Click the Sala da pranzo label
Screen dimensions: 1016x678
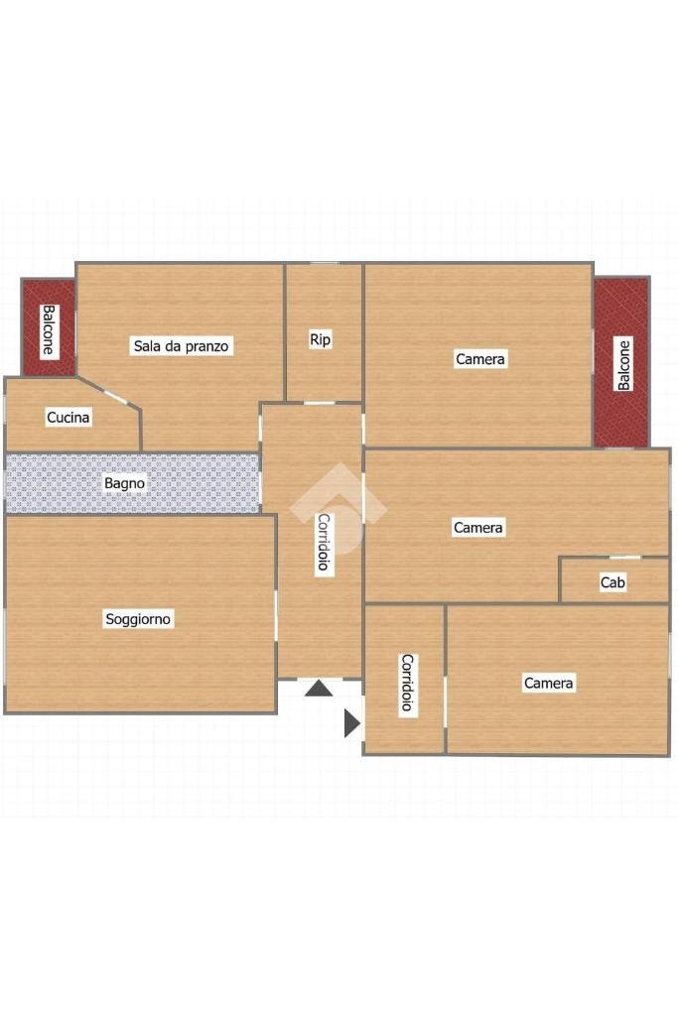click(182, 346)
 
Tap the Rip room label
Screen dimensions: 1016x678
click(320, 339)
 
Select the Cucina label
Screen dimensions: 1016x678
click(68, 418)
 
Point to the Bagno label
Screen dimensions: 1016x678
click(125, 484)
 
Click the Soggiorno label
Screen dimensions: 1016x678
click(138, 619)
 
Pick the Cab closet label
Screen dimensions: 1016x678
click(612, 582)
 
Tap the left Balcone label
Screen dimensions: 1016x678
click(48, 330)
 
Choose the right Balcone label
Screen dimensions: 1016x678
click(623, 365)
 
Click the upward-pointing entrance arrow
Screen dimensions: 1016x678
click(318, 688)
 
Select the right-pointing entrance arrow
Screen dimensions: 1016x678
click(351, 723)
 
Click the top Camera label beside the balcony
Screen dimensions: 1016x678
click(479, 359)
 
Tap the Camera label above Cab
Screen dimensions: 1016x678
click(478, 528)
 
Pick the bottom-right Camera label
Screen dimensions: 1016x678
click(548, 683)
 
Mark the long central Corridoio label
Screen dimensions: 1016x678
click(324, 542)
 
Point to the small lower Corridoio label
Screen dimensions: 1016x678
click(406, 683)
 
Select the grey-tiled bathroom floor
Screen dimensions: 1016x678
click(199, 483)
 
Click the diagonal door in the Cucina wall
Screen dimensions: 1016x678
click(117, 397)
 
